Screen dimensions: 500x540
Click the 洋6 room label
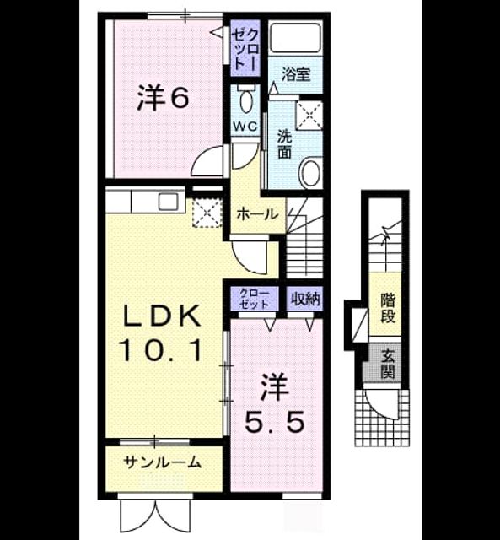point(163,98)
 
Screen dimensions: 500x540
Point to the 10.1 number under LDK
point(159,350)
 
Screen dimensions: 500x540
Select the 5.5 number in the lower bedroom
point(274,422)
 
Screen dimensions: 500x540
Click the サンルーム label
point(163,462)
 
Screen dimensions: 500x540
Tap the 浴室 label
point(296,74)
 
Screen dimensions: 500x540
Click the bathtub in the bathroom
point(295,37)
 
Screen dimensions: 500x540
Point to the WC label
point(245,127)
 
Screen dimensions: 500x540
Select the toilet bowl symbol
point(245,99)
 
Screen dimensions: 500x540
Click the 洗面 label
point(285,144)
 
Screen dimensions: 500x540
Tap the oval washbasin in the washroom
point(311,172)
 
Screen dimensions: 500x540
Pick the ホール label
point(257,215)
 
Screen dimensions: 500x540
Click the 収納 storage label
point(306,300)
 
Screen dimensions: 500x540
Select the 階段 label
point(388,308)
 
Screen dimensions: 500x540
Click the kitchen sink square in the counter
point(169,202)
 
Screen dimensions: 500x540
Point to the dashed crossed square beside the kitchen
point(207,213)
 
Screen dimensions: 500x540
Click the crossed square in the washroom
point(309,116)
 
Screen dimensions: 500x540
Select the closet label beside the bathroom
point(245,49)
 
